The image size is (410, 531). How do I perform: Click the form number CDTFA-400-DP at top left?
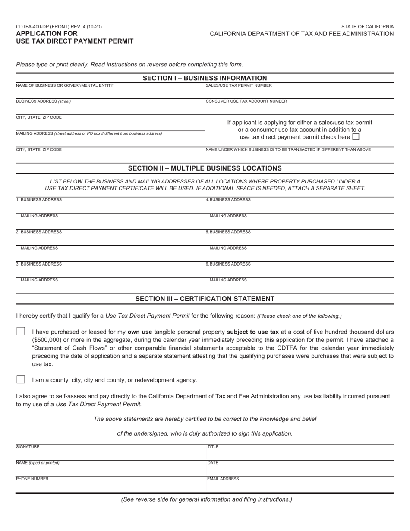[59, 27]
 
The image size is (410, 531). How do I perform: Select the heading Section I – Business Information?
[205, 78]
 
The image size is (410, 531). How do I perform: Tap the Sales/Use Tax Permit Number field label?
[239, 85]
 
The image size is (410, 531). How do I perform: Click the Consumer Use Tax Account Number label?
[246, 101]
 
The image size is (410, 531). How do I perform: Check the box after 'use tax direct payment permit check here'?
[356, 137]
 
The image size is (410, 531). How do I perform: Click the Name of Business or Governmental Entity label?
[65, 85]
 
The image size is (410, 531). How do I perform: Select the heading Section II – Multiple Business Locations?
[205, 168]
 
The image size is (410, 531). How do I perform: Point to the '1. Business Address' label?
[39, 200]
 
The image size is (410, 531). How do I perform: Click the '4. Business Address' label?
[228, 200]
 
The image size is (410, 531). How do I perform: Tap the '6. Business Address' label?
[228, 264]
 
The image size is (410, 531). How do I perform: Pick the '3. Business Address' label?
[39, 264]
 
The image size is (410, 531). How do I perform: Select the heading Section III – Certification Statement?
[205, 299]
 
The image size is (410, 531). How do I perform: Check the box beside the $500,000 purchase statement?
[21, 332]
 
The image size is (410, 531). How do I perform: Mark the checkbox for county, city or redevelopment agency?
[21, 379]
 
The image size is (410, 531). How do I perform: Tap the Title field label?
[213, 447]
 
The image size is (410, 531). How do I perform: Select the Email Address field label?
[223, 479]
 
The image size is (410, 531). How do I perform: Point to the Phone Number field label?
[32, 479]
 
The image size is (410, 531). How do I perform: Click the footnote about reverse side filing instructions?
[206, 499]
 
